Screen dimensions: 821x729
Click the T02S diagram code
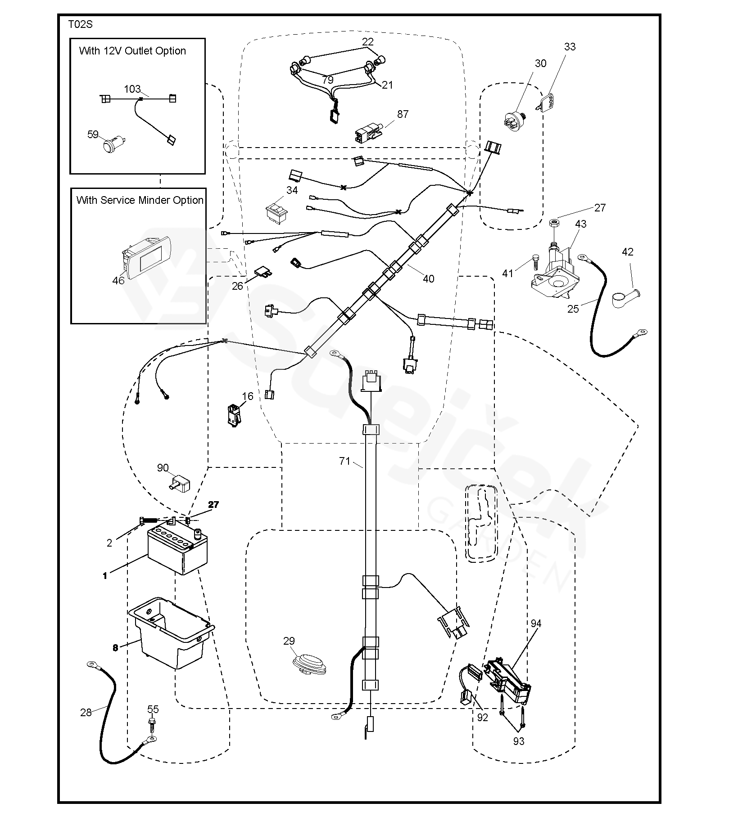[x=81, y=25]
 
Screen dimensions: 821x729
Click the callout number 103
[x=132, y=89]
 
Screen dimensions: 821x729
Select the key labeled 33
[x=547, y=101]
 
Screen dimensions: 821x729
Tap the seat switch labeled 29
[x=310, y=664]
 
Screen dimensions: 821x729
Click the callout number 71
[x=344, y=461]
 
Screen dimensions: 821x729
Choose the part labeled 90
[x=180, y=483]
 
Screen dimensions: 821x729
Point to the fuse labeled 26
[x=262, y=272]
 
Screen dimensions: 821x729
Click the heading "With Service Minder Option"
[x=140, y=200]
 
